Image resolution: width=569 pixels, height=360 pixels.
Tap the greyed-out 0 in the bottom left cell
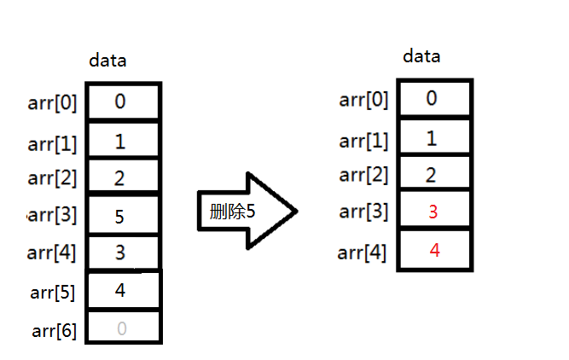(x=121, y=329)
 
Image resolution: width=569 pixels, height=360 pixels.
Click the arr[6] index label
(x=54, y=330)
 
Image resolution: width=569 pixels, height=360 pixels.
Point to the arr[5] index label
(x=54, y=293)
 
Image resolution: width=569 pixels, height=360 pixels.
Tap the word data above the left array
(x=108, y=61)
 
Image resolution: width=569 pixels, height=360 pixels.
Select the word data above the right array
(x=421, y=57)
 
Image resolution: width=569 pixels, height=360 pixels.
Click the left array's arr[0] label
(x=53, y=104)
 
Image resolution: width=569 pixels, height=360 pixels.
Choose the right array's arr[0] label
(x=363, y=100)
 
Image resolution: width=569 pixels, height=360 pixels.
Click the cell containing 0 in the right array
(x=432, y=98)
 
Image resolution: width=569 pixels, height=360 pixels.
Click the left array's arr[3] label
(x=53, y=215)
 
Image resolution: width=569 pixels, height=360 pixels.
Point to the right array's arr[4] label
(x=363, y=253)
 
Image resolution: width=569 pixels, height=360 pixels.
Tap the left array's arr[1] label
(x=53, y=143)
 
